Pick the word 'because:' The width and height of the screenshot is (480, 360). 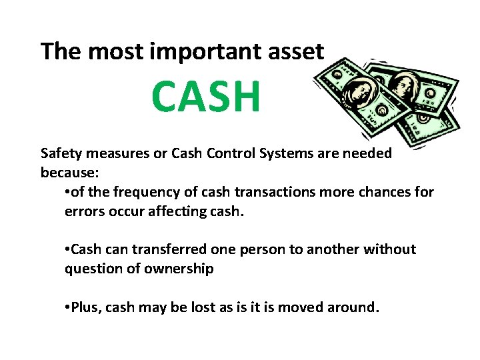point(69,173)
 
